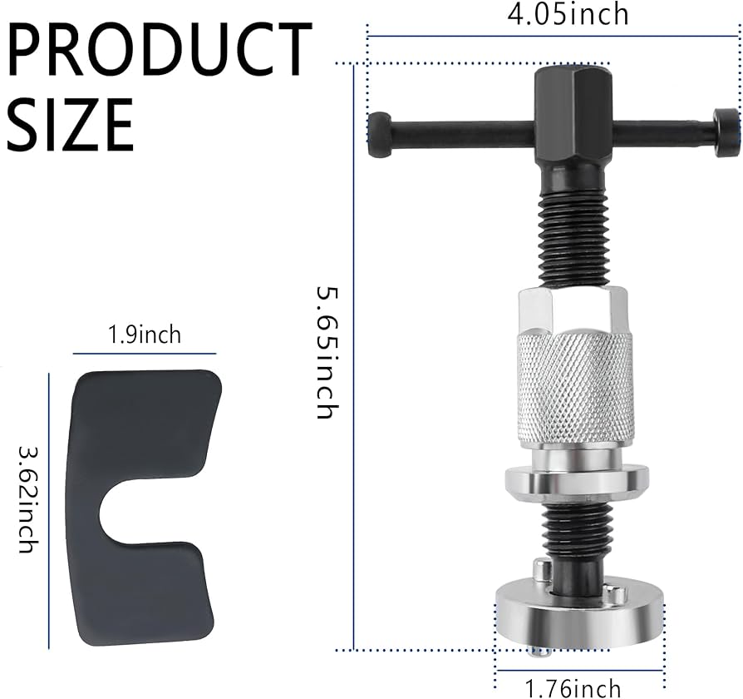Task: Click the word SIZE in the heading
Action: [x=71, y=122]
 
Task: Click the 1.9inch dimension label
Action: [x=145, y=335]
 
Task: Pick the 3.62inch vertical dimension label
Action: [x=27, y=499]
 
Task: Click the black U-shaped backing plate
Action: [x=145, y=441]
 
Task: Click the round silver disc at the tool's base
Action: [x=578, y=616]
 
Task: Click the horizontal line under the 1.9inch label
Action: [x=145, y=353]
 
